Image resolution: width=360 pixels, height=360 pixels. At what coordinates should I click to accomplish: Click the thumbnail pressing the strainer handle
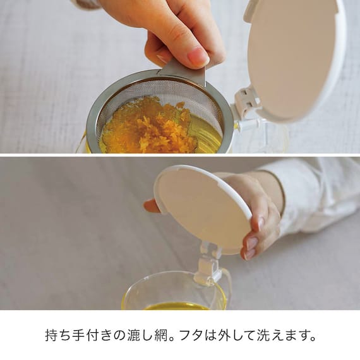point(197,56)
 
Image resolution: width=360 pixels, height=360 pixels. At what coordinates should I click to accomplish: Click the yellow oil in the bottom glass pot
point(177,306)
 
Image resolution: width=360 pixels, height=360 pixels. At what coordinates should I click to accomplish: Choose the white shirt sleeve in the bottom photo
point(316,189)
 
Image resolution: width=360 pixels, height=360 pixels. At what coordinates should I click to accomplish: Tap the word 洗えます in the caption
point(280,335)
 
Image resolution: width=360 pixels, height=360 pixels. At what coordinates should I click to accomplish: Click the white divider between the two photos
point(180,155)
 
